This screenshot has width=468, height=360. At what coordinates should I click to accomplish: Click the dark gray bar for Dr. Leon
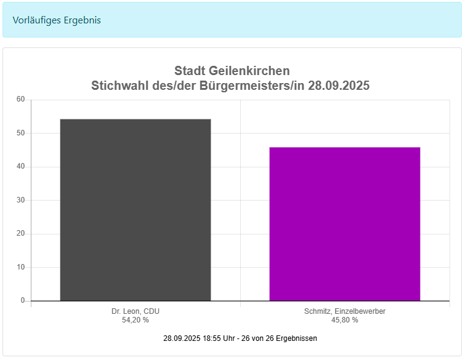point(135,209)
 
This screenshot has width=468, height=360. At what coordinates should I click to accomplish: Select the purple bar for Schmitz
point(345,224)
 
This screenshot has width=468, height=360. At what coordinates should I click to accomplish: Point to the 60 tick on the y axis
point(21,99)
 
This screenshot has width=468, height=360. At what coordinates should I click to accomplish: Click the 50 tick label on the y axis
point(21,133)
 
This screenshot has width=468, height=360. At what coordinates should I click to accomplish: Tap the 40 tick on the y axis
point(21,166)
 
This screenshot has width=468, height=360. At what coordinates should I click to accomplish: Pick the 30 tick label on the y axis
point(21,200)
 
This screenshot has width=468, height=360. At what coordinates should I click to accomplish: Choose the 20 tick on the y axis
point(21,233)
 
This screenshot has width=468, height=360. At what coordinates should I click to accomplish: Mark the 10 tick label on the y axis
point(21,267)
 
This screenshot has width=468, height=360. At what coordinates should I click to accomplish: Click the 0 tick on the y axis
point(23,300)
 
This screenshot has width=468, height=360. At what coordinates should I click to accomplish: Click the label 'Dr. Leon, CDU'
point(135,311)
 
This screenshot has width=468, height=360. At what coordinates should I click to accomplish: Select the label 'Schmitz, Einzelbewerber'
point(345,311)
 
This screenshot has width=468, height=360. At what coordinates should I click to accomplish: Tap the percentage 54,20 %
point(135,320)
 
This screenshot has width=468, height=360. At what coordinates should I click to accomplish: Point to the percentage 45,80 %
point(345,320)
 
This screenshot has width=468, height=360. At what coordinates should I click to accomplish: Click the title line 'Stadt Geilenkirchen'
point(232,71)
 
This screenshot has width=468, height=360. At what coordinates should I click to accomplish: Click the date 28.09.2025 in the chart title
point(339,86)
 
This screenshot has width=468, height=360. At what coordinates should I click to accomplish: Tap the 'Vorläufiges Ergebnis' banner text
point(57,20)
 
